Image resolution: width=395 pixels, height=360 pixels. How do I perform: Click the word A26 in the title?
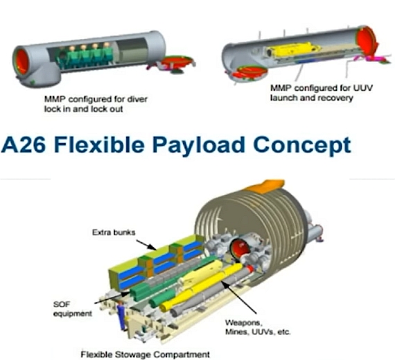coord(24,144)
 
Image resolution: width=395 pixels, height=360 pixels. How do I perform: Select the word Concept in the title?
coord(302,146)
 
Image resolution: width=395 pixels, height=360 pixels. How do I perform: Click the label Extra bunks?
coord(114,232)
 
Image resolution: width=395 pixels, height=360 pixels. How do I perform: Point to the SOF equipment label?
coord(72,309)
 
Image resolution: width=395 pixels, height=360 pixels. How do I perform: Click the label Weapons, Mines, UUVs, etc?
coord(258,327)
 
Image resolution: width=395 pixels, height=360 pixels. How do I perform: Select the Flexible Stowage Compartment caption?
coord(145,354)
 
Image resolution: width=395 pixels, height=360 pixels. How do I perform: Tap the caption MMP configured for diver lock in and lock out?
coord(96,104)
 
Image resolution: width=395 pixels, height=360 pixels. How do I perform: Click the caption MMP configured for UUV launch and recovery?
coord(321,93)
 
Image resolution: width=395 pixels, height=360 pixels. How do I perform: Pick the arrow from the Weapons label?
coord(238,298)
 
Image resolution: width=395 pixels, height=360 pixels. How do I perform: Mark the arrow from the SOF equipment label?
coord(112,298)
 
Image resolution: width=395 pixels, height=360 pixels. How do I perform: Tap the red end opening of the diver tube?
coord(21,61)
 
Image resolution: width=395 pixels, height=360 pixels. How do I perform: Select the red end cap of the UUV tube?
coord(366,41)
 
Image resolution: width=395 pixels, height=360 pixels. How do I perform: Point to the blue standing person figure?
coord(122,316)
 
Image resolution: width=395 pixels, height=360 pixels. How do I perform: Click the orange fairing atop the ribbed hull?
coord(264,186)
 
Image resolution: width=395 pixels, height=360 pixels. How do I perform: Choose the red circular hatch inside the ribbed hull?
coord(238,250)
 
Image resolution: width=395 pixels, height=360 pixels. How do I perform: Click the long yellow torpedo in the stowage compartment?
coord(202,287)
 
